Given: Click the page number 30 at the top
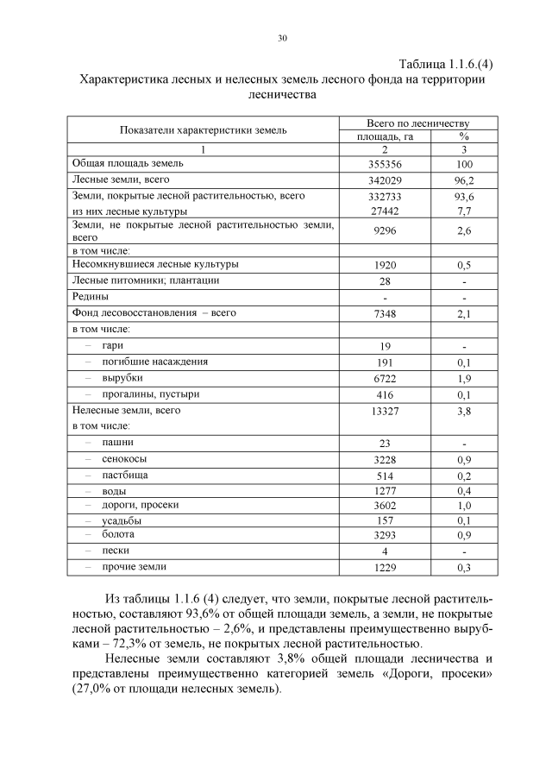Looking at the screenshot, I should pos(282,38).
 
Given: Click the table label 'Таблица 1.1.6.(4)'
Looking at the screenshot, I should pos(447,64).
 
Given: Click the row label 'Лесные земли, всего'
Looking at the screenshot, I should pos(121,180).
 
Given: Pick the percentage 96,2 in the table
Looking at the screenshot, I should pos(464,180).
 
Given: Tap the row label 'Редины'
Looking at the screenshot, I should pos(90,296).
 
